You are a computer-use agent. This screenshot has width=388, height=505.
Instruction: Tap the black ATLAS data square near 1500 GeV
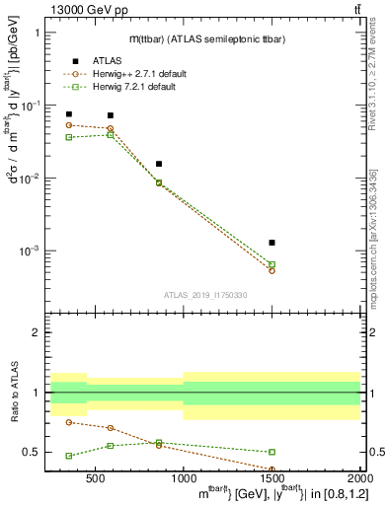(272, 243)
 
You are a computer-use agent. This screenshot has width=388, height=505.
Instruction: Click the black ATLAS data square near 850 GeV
(159, 164)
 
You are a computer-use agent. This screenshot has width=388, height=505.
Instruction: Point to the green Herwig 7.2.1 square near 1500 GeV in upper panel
(272, 264)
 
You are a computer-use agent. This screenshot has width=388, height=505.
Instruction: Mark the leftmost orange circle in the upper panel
(68, 125)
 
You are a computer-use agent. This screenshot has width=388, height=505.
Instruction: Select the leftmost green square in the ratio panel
(68, 456)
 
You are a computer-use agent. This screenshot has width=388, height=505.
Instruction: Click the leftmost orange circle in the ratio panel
(68, 422)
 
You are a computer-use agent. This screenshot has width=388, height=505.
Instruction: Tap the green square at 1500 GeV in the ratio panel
(272, 452)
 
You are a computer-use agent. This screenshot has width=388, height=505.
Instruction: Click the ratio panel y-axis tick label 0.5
(31, 452)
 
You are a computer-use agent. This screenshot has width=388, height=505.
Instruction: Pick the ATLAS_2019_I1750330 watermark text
(204, 295)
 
